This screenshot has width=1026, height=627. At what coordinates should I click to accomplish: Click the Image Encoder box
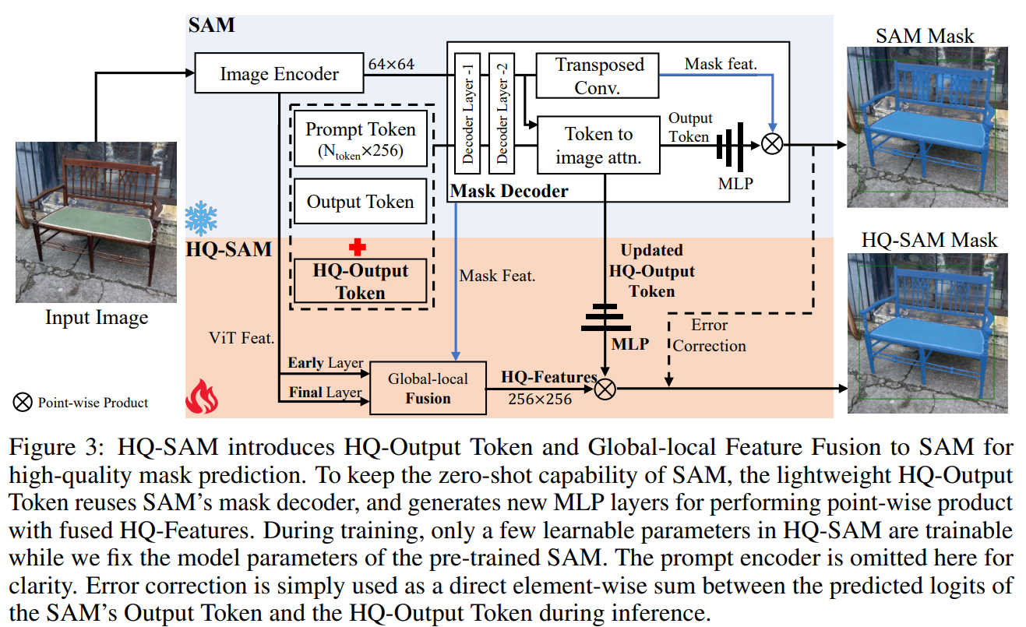point(279,74)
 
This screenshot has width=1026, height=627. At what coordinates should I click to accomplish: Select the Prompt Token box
point(360,139)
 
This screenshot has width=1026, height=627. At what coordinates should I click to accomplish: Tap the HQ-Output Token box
point(360,281)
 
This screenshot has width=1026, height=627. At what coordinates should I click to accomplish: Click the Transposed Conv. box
point(598,76)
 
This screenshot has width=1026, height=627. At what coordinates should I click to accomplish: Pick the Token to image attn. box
point(598,145)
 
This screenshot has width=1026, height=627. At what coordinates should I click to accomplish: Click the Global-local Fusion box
point(428,387)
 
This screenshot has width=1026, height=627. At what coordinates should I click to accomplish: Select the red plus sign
point(358,247)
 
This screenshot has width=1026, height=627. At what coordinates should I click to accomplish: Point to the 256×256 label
point(538,400)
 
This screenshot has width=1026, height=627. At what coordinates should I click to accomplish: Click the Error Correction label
point(709,335)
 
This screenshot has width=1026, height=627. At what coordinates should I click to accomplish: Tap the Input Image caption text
point(97,317)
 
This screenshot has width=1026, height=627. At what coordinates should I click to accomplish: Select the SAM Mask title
point(924,35)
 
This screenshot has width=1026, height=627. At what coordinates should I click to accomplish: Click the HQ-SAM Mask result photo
point(928,333)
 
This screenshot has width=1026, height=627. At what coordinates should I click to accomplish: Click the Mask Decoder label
point(510,191)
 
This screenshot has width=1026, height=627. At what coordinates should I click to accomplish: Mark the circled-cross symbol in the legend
point(24,402)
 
